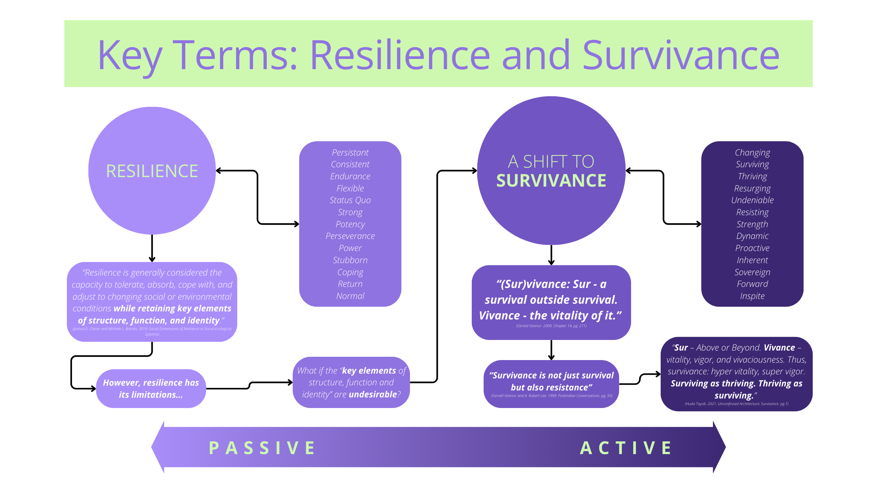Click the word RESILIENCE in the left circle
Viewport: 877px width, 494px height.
152,171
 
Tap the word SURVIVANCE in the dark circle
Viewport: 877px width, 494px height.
551,181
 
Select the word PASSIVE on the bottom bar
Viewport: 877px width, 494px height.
262,448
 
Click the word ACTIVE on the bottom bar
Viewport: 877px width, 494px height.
626,448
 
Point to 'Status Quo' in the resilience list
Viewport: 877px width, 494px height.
350,201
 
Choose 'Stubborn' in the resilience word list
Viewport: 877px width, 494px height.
350,260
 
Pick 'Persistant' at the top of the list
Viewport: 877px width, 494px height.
350,153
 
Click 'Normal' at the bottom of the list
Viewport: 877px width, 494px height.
350,296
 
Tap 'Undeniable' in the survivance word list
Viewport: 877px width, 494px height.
752,201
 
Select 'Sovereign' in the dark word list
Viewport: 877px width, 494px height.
752,272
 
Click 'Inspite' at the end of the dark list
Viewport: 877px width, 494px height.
752,296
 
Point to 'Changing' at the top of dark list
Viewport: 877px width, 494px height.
752,153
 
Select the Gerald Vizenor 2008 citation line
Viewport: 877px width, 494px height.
551,326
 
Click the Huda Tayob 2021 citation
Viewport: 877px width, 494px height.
736,404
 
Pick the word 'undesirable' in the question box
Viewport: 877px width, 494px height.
372,394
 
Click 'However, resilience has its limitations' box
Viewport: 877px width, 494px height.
151,389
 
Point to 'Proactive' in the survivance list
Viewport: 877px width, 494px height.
752,248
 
